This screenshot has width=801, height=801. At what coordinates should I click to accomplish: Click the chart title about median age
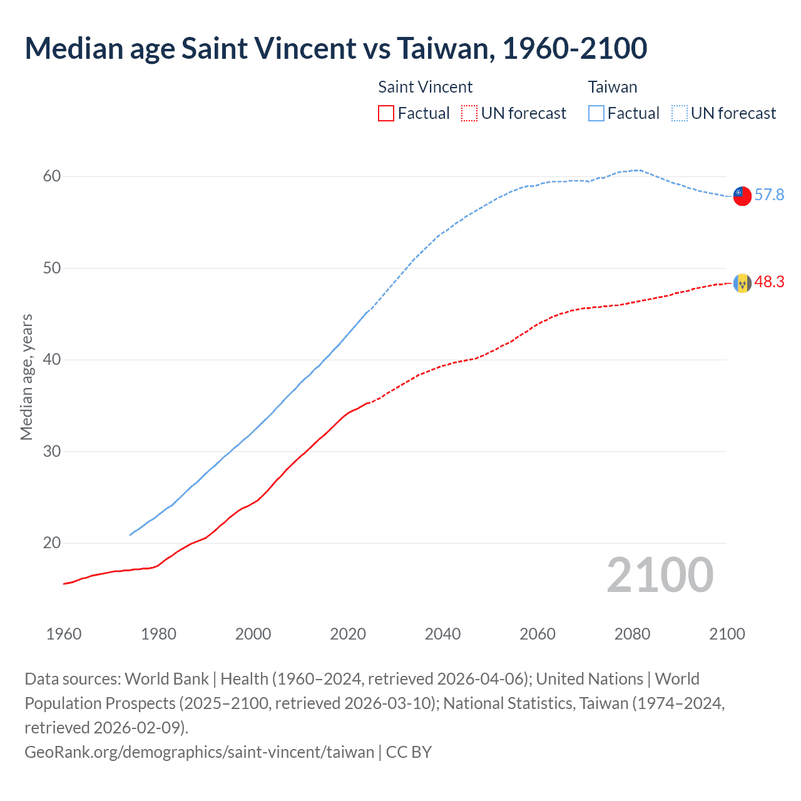coord(336,49)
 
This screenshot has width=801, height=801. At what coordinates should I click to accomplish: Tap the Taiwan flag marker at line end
coord(742,196)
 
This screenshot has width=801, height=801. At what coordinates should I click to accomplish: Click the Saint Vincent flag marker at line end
coord(742,283)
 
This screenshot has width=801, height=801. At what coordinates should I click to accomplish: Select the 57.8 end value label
coord(769,195)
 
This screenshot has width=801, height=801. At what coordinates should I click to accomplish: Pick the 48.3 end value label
coord(769,282)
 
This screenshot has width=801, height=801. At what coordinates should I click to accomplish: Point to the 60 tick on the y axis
coord(52,176)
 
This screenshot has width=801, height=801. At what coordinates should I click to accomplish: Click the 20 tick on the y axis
coord(52,543)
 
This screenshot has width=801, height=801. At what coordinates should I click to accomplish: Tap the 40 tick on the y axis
coord(52,360)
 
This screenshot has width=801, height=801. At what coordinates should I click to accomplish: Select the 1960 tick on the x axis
coord(64,634)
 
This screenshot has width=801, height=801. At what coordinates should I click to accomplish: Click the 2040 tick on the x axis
coord(442,634)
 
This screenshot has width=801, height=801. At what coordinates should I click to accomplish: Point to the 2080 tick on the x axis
coord(632,634)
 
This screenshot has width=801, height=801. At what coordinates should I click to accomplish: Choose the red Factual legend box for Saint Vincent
coord(386,113)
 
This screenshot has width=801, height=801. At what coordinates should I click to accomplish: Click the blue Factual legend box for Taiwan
coord(596,113)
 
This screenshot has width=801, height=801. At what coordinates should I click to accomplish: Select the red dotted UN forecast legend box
coord(469,113)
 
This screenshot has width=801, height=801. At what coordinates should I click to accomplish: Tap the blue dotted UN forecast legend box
coord(680,113)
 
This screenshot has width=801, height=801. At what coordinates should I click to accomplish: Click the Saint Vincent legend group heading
coord(426,87)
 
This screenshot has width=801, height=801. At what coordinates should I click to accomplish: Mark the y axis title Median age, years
coord(26,377)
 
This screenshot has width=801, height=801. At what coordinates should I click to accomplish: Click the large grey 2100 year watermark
coord(660,575)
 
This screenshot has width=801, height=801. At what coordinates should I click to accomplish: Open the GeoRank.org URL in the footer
coord(199,752)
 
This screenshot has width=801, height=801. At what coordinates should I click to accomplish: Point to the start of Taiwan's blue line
coord(130,535)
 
